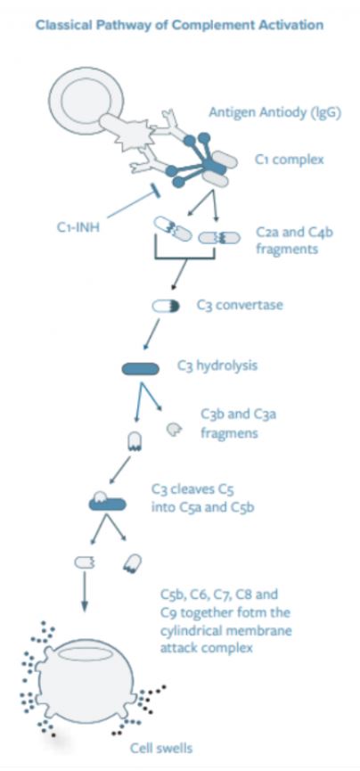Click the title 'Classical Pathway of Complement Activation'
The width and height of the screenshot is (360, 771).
(178, 24)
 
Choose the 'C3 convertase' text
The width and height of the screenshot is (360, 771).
(240, 305)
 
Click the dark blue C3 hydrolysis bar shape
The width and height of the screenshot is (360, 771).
(144, 368)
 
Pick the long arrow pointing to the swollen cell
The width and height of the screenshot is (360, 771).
(86, 592)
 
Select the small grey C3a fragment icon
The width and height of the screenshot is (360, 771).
(175, 431)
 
